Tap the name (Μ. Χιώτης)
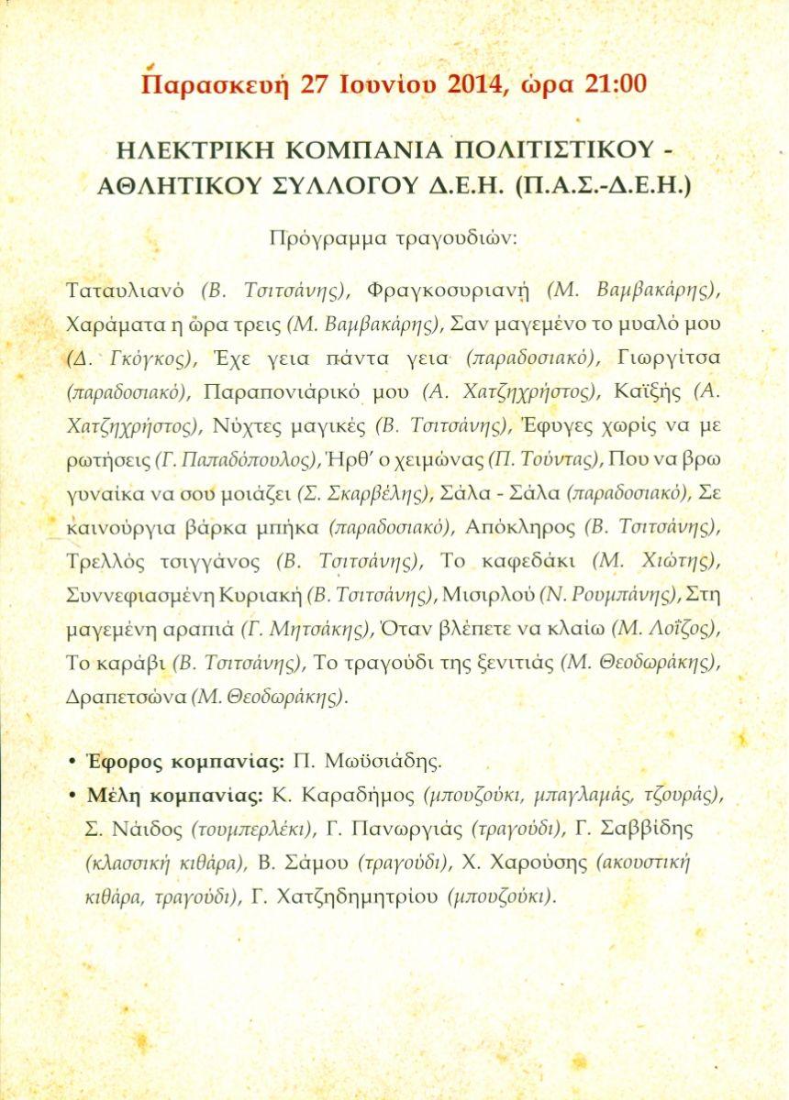[657, 561]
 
